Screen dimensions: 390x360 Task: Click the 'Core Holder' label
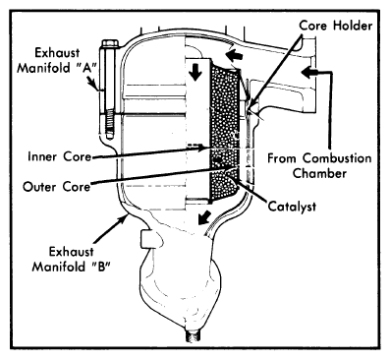[x=336, y=26]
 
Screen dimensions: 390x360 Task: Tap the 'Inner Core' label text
[x=59, y=156]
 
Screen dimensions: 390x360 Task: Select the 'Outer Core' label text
[x=56, y=187]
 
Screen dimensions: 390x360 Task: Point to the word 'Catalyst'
[x=292, y=207]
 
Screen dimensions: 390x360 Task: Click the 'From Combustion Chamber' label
[x=319, y=165]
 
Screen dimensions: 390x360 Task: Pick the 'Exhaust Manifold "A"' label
[x=56, y=60]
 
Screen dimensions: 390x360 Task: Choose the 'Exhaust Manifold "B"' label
[x=71, y=259]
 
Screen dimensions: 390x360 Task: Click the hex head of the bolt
[x=110, y=43]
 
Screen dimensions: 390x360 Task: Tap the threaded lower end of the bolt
[x=110, y=125]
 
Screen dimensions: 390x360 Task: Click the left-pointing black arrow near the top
[x=235, y=56]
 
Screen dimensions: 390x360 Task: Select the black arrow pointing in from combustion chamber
[x=309, y=71]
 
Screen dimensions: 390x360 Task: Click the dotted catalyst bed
[x=225, y=131]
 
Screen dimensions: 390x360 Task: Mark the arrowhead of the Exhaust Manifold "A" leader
[x=95, y=86]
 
